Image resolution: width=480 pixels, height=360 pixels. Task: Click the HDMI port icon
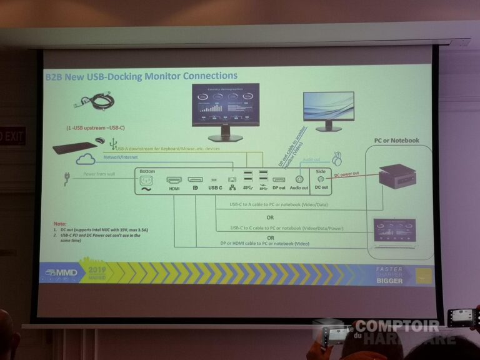(173, 179)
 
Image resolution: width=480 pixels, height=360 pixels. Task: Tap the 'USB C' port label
(215, 187)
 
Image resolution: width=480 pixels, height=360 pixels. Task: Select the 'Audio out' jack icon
(299, 179)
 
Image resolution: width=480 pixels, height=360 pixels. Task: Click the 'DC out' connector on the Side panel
(321, 179)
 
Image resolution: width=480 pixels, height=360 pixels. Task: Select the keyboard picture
(74, 148)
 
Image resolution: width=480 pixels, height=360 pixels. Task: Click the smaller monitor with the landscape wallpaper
(328, 110)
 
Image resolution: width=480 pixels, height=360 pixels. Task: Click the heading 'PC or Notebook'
(396, 141)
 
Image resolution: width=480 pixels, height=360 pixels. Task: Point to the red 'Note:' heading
(60, 223)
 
